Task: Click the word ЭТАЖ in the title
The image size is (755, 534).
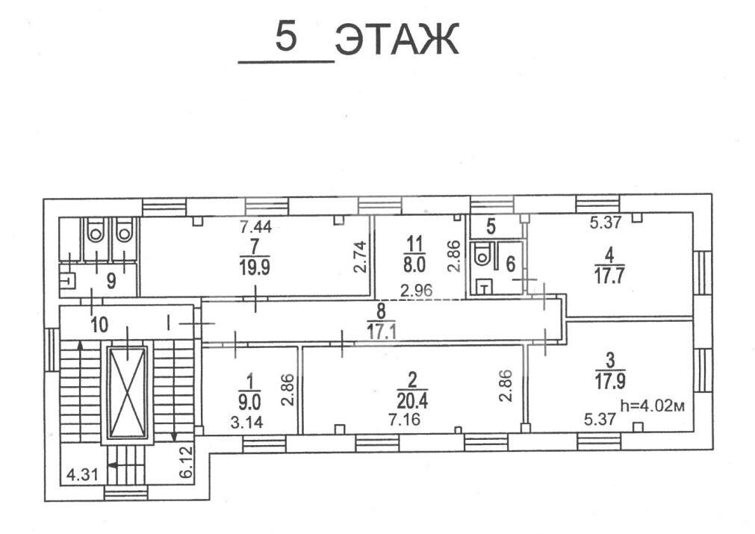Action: click(397, 41)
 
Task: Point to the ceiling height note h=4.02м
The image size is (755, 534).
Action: click(652, 406)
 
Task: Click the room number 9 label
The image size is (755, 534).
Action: click(111, 281)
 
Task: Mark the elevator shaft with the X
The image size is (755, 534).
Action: click(127, 391)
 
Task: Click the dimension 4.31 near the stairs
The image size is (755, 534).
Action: click(78, 474)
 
